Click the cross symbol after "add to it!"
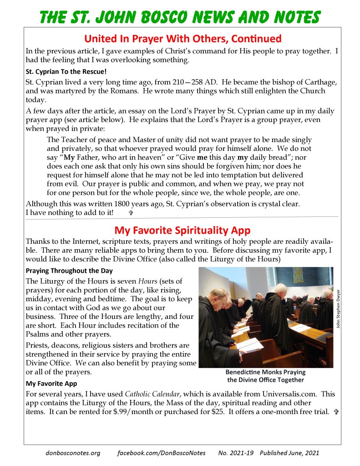click(131, 213)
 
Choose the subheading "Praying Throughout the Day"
click(69, 271)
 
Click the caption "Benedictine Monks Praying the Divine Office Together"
click(265, 376)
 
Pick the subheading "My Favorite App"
click(51, 384)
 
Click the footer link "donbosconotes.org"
click(73, 453)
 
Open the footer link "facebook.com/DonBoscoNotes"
click(161, 453)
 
